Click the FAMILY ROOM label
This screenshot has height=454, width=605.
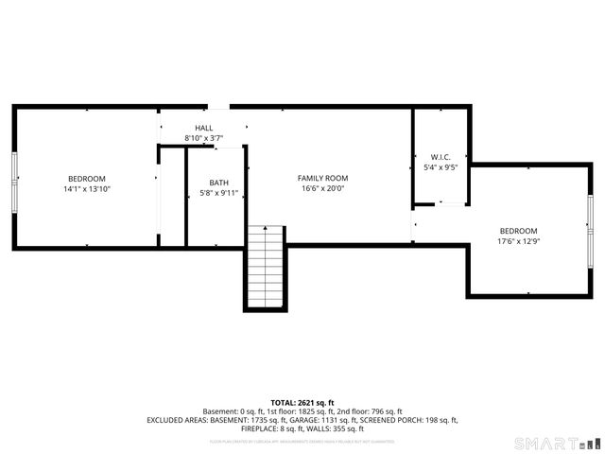coord(322,178)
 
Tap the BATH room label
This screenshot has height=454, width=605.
coord(218,183)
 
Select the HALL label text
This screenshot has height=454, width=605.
coord(203,128)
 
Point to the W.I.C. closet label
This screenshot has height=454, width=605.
coord(441,157)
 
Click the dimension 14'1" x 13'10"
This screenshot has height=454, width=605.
coord(86,189)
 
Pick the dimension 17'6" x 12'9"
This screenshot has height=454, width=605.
coord(518,241)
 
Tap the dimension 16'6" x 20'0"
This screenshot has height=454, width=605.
coord(322,188)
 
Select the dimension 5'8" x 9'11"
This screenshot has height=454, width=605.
coord(218,193)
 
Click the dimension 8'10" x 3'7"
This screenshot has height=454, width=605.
coord(203,138)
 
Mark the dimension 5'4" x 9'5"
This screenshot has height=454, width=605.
coord(441,167)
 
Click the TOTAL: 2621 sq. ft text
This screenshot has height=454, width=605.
coord(302,402)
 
